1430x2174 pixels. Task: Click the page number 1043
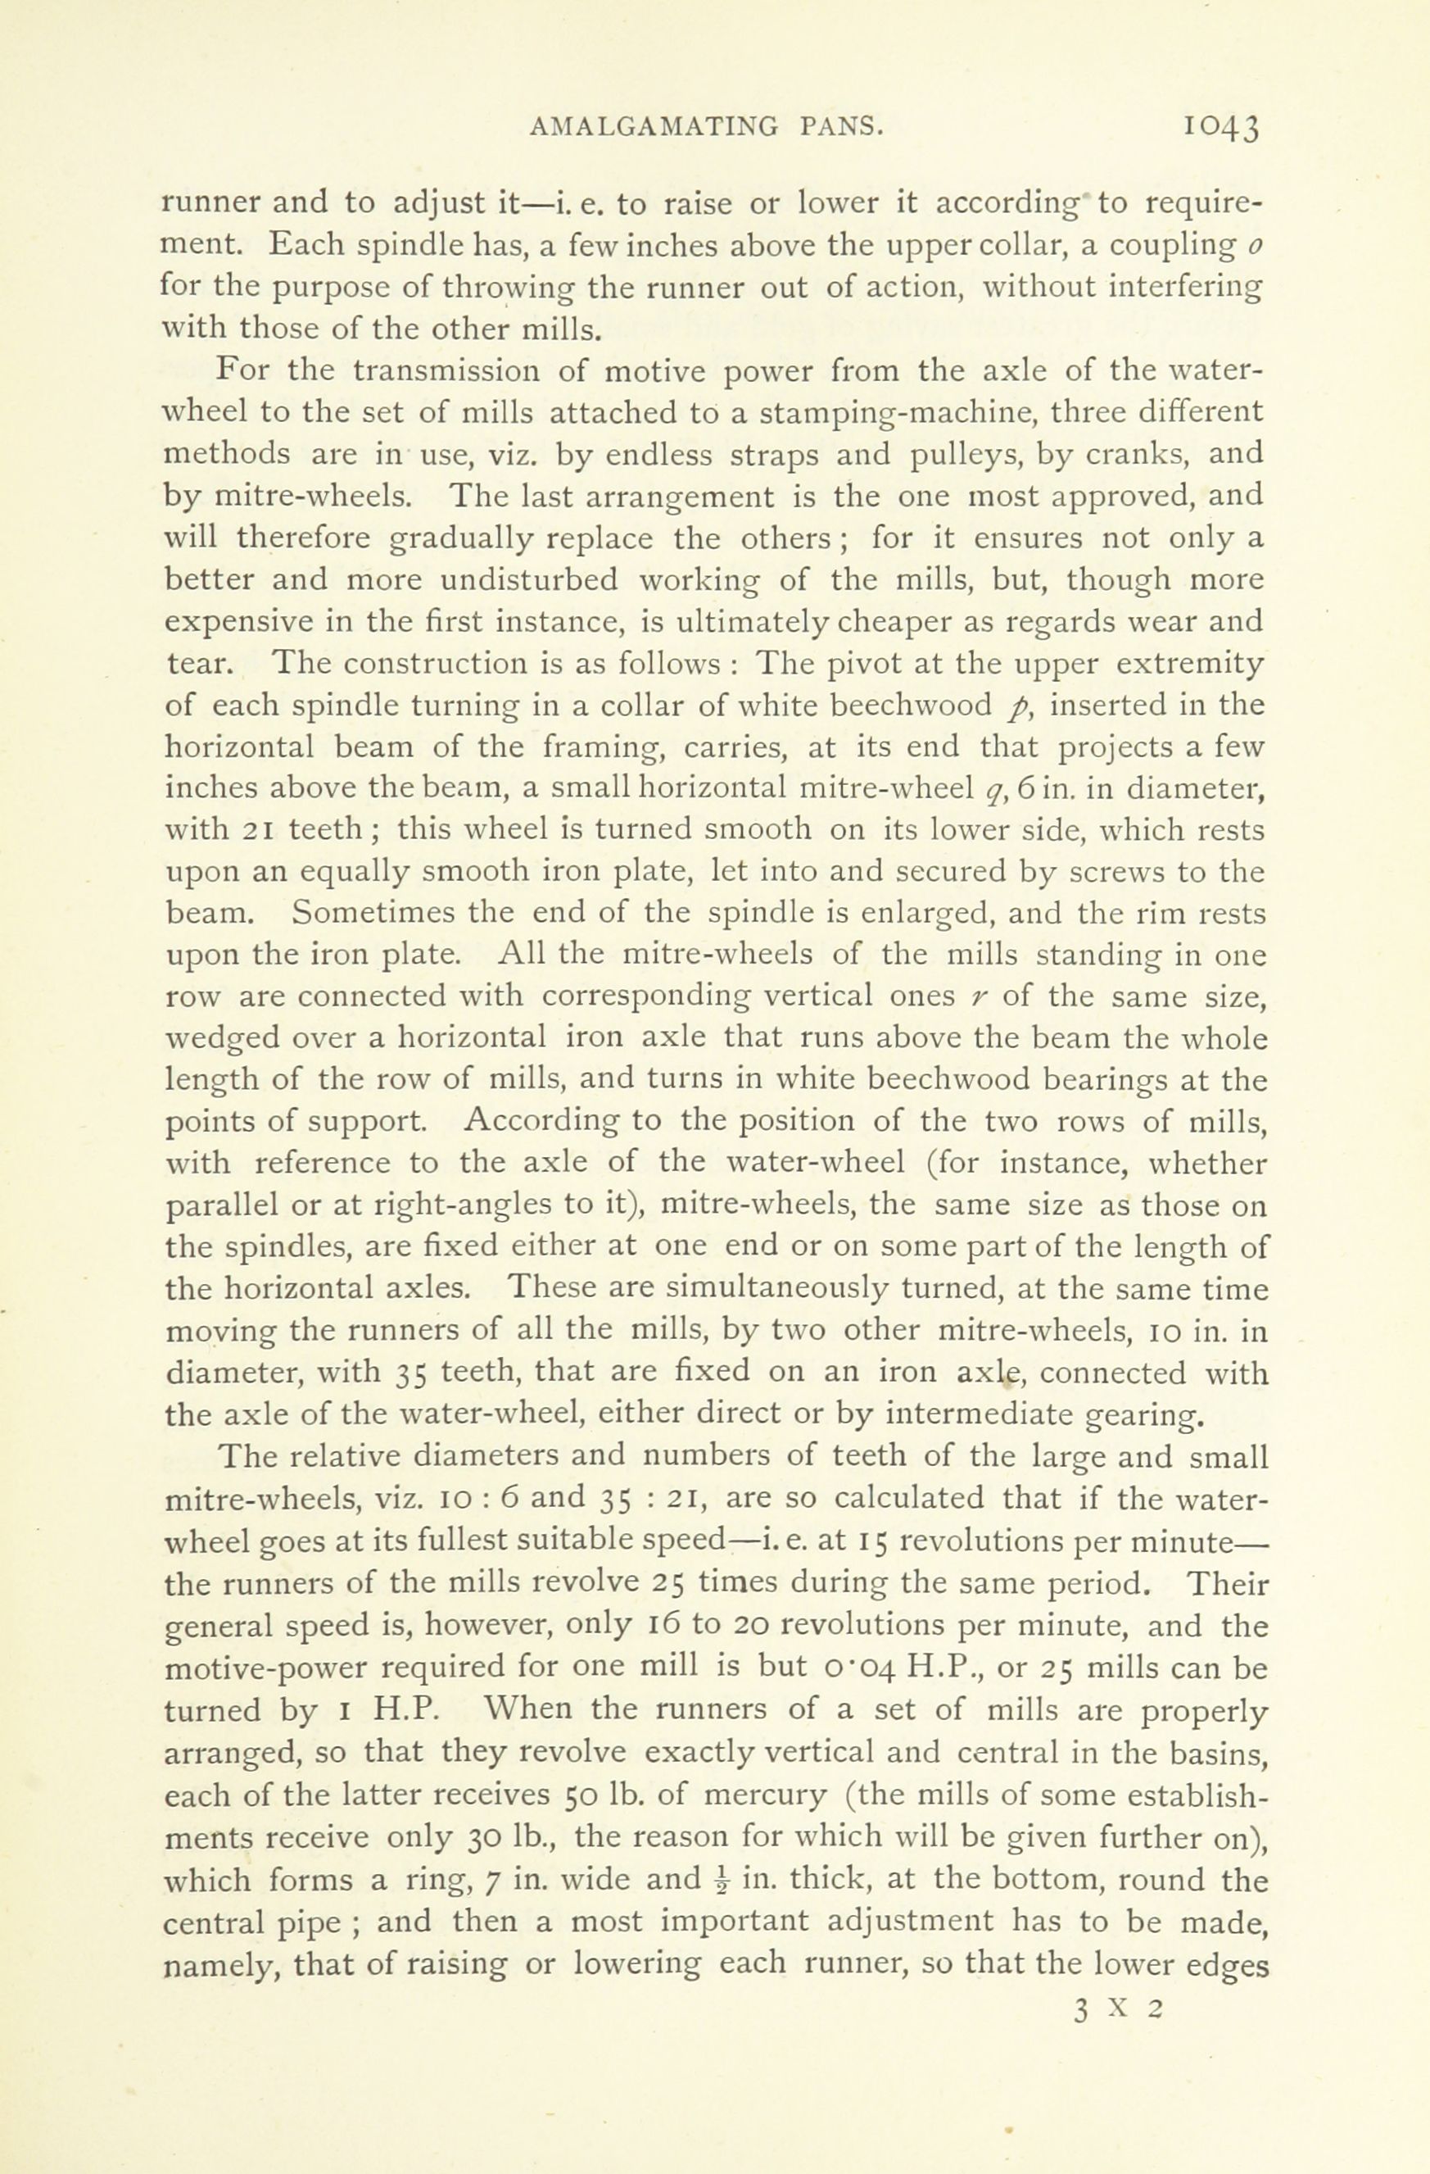[x=1221, y=127]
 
